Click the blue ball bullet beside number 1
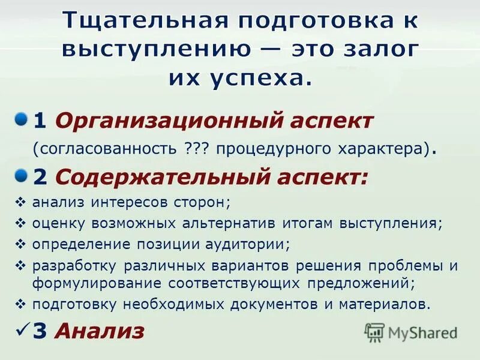[x=22, y=118]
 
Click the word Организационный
[x=152, y=121]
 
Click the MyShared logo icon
[x=375, y=331]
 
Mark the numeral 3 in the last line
[x=41, y=331]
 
